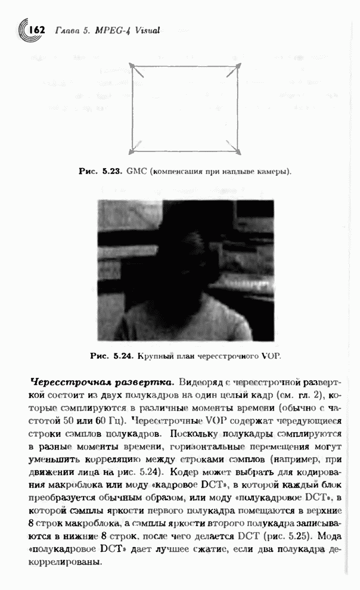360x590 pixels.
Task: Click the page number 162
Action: point(36,29)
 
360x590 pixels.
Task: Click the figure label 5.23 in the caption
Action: point(111,171)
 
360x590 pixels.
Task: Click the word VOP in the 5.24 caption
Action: point(269,356)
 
